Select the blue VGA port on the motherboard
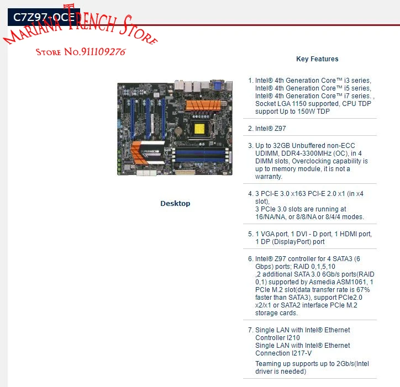pyautogui.click(x=218, y=85)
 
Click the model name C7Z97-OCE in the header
pyautogui.click(x=44, y=17)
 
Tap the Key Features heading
pyautogui.click(x=317, y=59)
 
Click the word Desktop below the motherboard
pyautogui.click(x=175, y=204)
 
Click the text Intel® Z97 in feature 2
pyautogui.click(x=271, y=128)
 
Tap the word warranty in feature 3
pyautogui.click(x=269, y=177)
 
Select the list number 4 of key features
pyautogui.click(x=250, y=194)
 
